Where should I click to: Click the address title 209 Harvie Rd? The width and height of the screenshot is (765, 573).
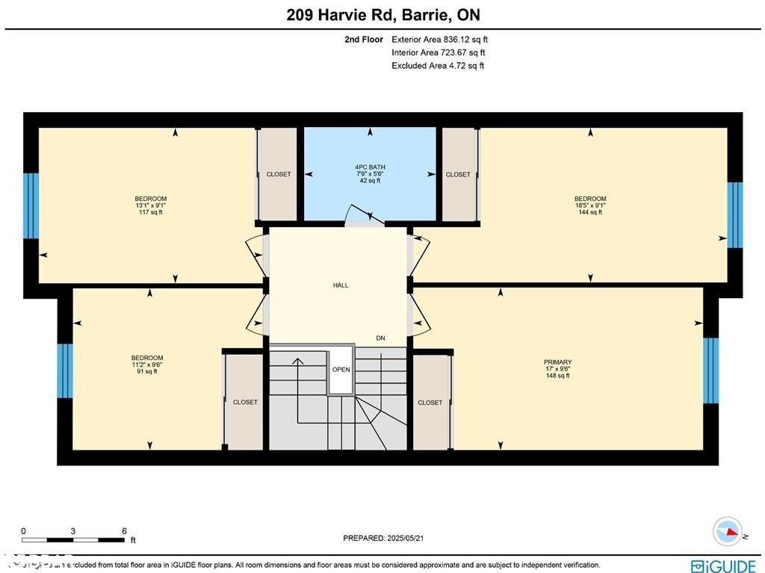click(x=382, y=14)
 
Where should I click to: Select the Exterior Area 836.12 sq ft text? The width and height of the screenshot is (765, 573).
click(x=439, y=40)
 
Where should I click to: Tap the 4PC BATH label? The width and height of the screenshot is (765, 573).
click(x=370, y=173)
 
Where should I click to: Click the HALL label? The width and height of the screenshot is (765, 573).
click(x=341, y=285)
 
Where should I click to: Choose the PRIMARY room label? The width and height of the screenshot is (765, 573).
click(x=557, y=368)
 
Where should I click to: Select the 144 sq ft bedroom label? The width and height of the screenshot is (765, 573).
click(x=590, y=205)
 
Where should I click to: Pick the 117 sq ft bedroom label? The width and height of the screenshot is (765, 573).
click(x=150, y=205)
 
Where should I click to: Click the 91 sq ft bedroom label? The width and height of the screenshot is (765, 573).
click(x=146, y=365)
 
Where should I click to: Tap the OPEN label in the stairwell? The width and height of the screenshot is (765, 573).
click(x=341, y=369)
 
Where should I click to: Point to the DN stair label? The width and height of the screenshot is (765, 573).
click(x=380, y=338)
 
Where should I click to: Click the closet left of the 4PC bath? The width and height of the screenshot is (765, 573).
click(x=278, y=174)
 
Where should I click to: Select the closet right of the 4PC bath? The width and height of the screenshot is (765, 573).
click(x=458, y=174)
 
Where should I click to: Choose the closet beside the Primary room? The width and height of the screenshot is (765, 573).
click(x=430, y=402)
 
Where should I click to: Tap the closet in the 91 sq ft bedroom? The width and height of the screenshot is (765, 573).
click(x=245, y=402)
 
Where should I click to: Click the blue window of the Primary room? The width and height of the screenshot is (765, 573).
click(x=710, y=371)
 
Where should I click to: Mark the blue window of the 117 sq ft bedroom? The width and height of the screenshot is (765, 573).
click(x=31, y=205)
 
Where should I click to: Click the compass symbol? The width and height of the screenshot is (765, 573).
click(x=727, y=531)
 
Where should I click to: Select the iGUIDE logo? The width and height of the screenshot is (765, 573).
click(x=724, y=566)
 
